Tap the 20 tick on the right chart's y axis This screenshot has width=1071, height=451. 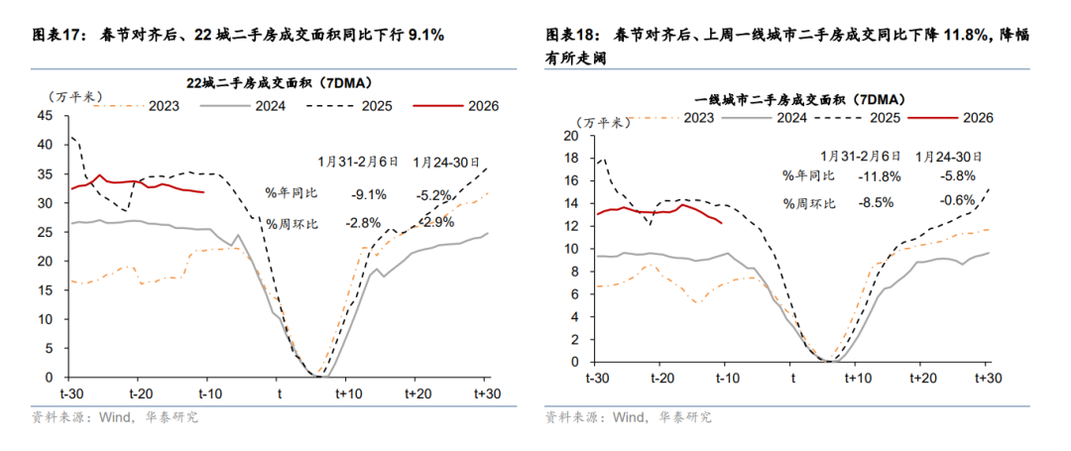point(568,136)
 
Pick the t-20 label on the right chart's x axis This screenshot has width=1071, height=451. point(661,379)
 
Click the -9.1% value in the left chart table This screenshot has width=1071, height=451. point(369,194)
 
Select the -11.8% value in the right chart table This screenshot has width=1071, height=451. point(859,176)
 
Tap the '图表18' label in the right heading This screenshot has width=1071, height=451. point(570,35)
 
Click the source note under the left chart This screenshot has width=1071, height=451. point(115,417)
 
